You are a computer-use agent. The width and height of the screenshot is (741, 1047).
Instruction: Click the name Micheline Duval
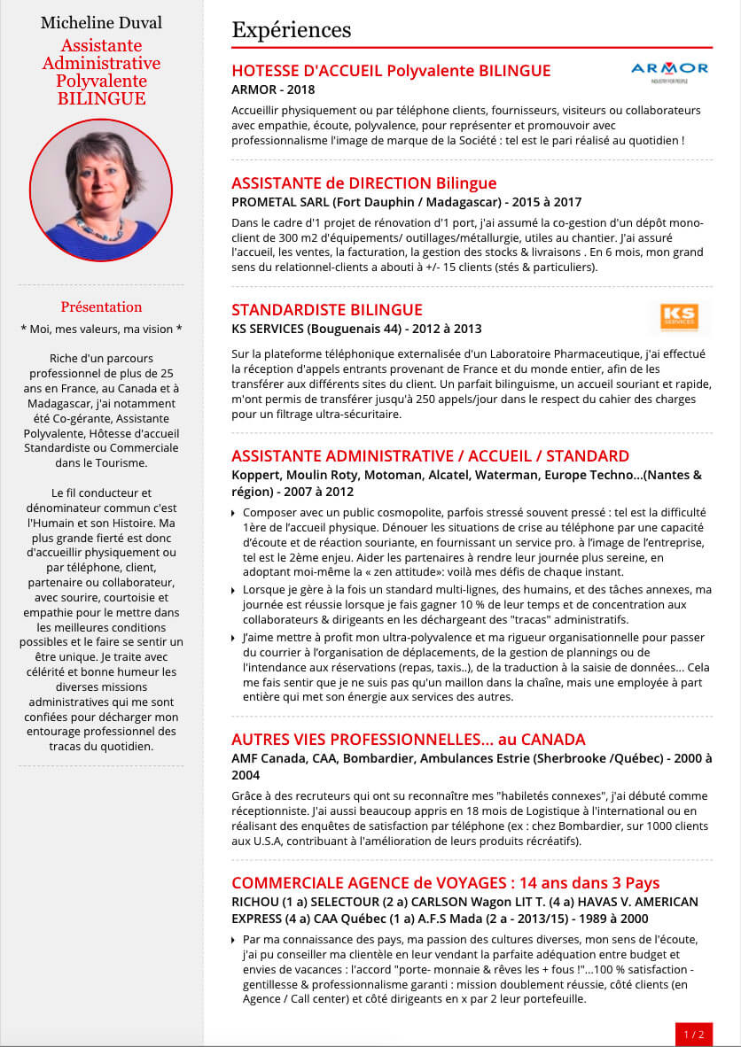coord(101,22)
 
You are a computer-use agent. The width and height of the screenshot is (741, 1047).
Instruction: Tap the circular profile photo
coord(101,190)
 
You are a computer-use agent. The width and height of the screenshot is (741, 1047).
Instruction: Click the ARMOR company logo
coord(669,70)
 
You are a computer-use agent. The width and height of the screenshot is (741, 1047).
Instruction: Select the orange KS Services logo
coord(679,317)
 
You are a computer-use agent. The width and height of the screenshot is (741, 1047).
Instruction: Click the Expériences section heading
coord(291,30)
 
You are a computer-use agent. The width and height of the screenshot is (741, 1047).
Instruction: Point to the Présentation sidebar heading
coord(101,307)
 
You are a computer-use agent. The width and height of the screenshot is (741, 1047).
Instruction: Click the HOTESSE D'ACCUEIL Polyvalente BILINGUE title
coord(391,71)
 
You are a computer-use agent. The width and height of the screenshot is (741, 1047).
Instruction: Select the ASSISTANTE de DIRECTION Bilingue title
coord(363,183)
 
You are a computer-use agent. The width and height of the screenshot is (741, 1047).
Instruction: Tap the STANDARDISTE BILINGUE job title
coord(326,310)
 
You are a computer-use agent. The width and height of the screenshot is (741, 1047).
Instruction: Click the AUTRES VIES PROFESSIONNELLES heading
coord(408,740)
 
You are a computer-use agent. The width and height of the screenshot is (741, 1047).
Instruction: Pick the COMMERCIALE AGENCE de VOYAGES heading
coord(445,883)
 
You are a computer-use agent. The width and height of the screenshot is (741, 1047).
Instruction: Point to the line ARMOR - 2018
coord(273,89)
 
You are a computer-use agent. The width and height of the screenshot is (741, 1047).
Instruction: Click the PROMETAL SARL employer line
coord(406,202)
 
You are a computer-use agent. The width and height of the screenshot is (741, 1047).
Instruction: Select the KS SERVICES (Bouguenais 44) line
coord(356,329)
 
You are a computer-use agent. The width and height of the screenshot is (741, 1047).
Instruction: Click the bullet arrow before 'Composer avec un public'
coord(233,514)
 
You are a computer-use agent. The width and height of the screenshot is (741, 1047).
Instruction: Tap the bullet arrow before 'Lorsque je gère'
coord(233,590)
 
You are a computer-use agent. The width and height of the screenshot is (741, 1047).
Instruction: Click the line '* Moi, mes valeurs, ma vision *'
coord(101,329)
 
